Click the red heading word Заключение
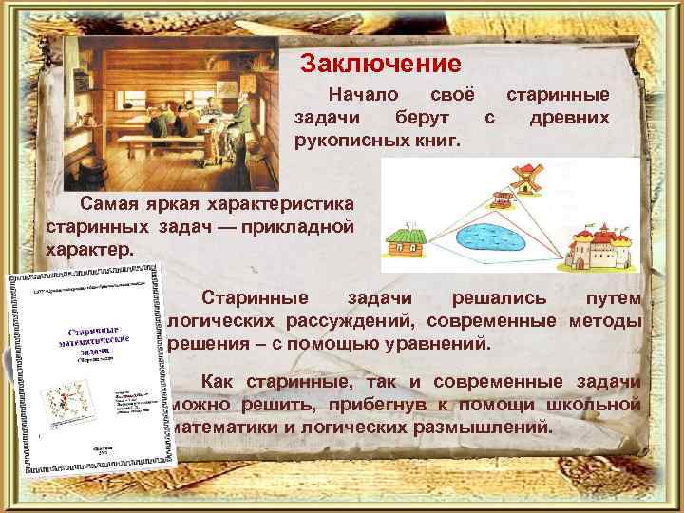[380, 65]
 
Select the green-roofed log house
[408, 241]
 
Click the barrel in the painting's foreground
[92, 175]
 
